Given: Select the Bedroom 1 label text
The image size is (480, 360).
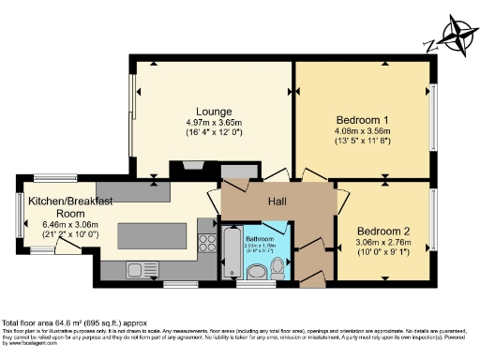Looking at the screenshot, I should [x=362, y=120].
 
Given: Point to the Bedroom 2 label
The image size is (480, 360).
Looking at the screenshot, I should [x=383, y=231].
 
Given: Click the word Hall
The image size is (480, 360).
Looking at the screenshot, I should [x=277, y=202].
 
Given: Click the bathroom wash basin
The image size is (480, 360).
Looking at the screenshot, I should [x=255, y=272].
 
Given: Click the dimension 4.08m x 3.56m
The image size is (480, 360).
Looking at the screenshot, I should [x=362, y=132].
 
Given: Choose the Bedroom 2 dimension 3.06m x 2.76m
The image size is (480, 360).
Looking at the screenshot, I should [x=383, y=242].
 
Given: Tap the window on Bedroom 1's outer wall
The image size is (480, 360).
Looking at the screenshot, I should [x=434, y=119].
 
